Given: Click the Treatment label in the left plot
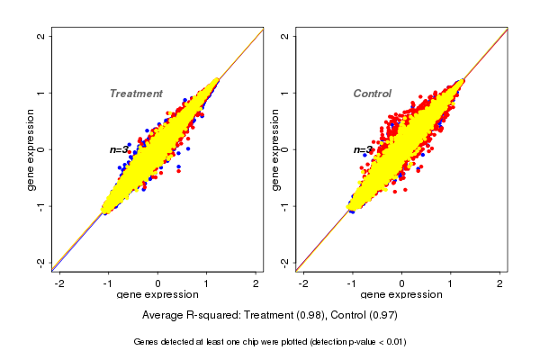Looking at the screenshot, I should click(x=136, y=94).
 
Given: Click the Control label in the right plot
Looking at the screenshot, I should click(x=373, y=94).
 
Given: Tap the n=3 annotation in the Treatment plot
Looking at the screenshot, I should click(x=120, y=150).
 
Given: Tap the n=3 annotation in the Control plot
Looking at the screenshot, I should click(x=363, y=150).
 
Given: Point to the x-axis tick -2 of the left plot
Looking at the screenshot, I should click(x=59, y=283).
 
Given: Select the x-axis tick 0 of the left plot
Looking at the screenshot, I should click(x=158, y=283).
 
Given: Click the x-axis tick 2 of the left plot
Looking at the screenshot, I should click(x=256, y=283).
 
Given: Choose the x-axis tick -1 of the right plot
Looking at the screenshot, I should click(x=352, y=283).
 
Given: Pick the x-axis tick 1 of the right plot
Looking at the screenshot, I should click(x=450, y=283).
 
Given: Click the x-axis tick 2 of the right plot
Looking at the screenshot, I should click(x=499, y=283).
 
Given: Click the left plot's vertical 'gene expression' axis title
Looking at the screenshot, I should click(x=31, y=149).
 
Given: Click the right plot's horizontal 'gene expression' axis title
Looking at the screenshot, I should click(x=401, y=295).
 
